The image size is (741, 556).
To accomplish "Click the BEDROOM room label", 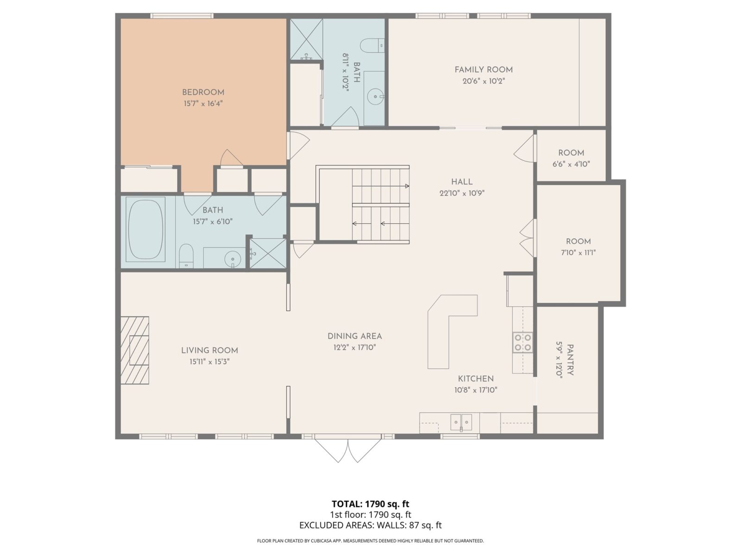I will point(203,92).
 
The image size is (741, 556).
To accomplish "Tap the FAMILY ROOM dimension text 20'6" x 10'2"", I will point(483,81).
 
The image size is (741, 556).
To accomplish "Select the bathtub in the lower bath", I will point(145,229).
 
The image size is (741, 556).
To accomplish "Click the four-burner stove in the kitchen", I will point(522,342).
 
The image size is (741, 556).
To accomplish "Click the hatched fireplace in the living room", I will point(135,350).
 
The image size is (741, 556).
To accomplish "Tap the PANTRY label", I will point(571,360).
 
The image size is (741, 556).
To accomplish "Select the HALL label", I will point(462,182).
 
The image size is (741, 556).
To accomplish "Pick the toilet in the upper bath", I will point(373,45).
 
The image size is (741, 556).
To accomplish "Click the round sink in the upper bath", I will point(375,97).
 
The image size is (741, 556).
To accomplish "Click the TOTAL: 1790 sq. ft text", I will point(370,504).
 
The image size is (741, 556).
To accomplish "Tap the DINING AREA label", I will point(354,336).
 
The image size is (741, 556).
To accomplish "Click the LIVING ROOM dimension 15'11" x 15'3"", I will point(209,362).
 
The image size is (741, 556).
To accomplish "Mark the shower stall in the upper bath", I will point(306,39).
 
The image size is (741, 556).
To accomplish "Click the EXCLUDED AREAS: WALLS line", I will point(370,525).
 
